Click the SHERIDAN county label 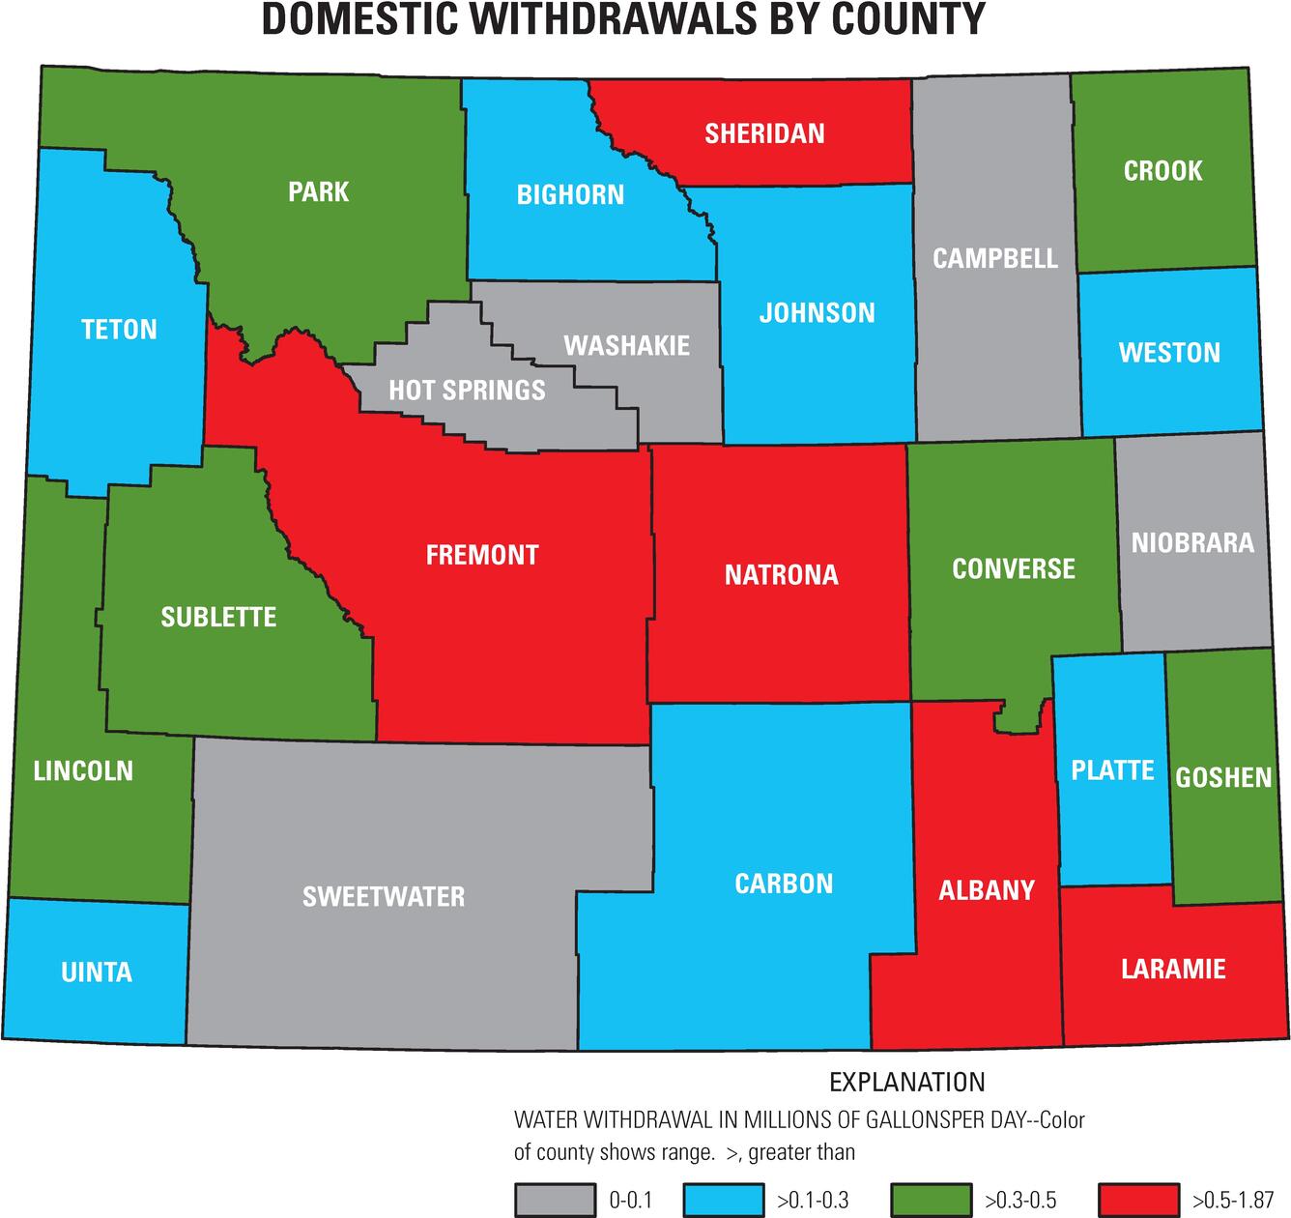tap(764, 133)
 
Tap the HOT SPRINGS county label tap(467, 391)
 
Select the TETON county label tap(119, 330)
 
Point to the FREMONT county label tap(482, 555)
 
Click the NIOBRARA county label tap(1192, 542)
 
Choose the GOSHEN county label tap(1223, 777)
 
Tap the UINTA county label tap(97, 971)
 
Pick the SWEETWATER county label tap(384, 897)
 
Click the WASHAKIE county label tap(626, 346)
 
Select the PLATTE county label tap(1112, 770)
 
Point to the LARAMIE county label tap(1173, 969)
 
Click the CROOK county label tap(1162, 171)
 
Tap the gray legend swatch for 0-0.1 tap(555, 1200)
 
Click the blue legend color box tap(723, 1200)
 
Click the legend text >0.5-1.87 tap(1233, 1201)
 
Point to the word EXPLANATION tap(907, 1082)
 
